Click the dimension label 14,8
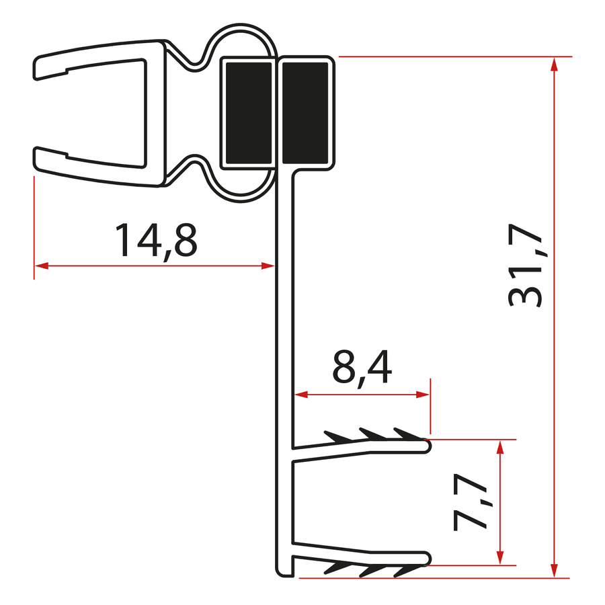click(x=156, y=241)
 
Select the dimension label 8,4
click(x=362, y=368)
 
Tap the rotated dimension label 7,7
click(x=471, y=502)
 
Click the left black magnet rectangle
click(x=247, y=112)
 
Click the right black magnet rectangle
click(x=306, y=112)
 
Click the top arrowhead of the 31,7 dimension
click(x=553, y=64)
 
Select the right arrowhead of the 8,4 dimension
click(x=423, y=395)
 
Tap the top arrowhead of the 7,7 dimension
click(x=499, y=446)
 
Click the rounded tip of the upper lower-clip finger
click(x=426, y=445)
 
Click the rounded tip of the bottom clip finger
click(x=426, y=558)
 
